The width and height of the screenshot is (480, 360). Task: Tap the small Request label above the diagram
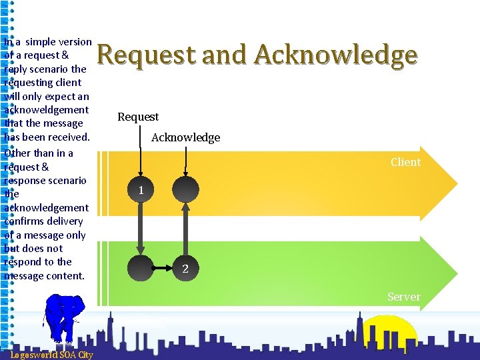[138, 117]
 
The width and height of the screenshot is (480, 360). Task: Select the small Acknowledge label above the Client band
[185, 138]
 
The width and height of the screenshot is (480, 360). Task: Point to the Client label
[405, 162]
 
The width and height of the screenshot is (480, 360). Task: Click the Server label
[404, 297]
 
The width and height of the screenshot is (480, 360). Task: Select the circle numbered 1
[141, 190]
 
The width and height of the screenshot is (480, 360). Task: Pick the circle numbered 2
[185, 269]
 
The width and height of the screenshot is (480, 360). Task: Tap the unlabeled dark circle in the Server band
[141, 269]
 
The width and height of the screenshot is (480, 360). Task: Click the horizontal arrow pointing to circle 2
[163, 269]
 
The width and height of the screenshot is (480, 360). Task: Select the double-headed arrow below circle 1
[141, 229]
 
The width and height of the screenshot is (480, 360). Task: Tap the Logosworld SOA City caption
[51, 355]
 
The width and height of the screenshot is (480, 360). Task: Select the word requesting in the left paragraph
[43, 83]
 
